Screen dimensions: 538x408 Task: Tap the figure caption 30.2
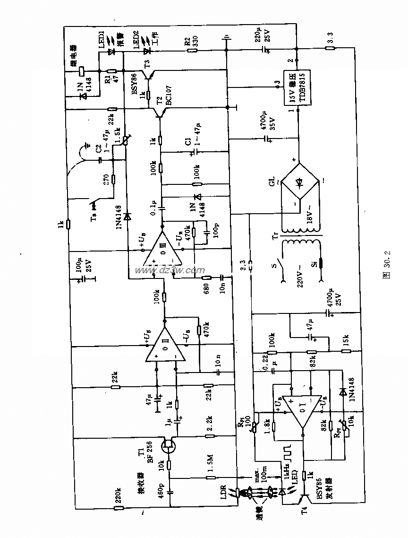click(386, 269)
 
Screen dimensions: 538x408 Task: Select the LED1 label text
click(101, 39)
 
